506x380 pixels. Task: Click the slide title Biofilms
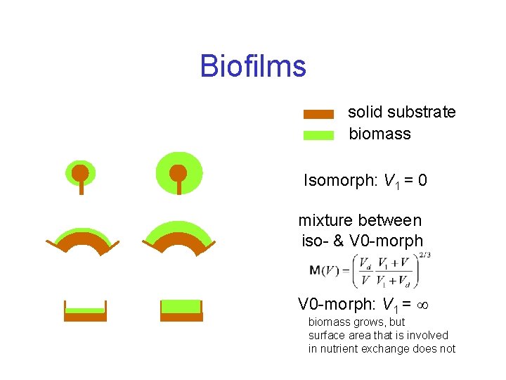(x=253, y=67)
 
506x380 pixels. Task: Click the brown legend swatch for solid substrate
(x=318, y=114)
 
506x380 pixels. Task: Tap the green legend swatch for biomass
(x=318, y=135)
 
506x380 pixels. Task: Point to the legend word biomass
(x=379, y=134)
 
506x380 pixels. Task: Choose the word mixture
(x=327, y=221)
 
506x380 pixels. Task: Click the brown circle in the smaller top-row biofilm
(x=81, y=172)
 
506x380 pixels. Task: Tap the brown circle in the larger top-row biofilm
(x=179, y=172)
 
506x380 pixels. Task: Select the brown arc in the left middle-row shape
(x=83, y=241)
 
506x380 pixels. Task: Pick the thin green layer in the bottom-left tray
(x=84, y=310)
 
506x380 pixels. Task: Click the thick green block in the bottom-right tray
(x=181, y=307)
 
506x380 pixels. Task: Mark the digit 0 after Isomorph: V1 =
(x=422, y=181)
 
